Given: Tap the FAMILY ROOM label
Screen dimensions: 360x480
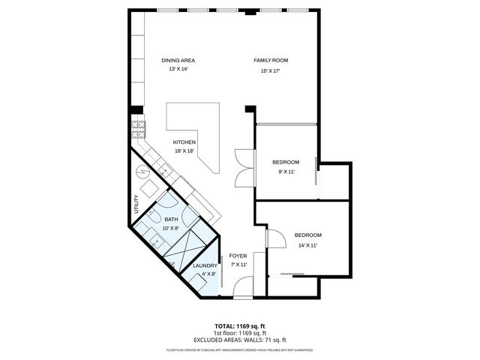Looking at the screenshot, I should pos(270,60).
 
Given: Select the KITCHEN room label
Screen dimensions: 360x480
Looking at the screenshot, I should pos(184,142).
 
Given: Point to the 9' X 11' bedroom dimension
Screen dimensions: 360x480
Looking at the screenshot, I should pos(286,172).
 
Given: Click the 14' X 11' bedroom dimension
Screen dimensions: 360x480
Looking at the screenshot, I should pos(307,245).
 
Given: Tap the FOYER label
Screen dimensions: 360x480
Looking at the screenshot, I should pos(238,256).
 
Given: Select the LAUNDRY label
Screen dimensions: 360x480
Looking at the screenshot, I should pos(205,265).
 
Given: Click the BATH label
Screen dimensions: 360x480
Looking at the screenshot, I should pos(172,219).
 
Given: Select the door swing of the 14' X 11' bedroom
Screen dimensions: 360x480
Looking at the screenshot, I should pos(275,238).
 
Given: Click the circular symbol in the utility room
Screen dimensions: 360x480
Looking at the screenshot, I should pos(142,172).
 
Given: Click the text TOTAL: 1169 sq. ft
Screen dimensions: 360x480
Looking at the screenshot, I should pos(239,326).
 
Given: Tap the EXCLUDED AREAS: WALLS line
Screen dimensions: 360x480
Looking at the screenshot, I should pos(239,339).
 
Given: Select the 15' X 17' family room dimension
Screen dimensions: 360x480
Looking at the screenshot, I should pos(270,71).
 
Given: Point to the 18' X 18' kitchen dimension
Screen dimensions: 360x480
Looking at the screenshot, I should pos(184,151).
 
